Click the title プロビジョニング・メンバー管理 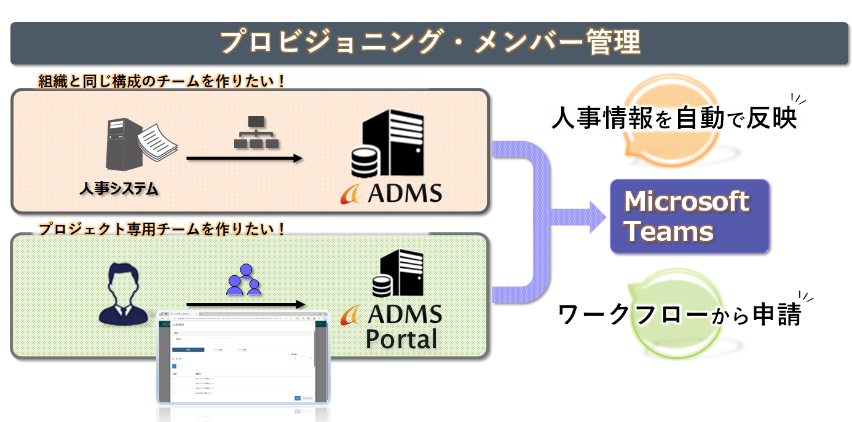(x=430, y=44)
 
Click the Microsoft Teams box (x=689, y=216)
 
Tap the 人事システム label (x=119, y=189)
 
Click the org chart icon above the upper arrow (x=256, y=133)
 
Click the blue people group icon (x=243, y=279)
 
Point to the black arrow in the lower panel (x=245, y=304)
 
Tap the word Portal (x=401, y=339)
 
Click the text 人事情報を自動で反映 (x=674, y=119)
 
